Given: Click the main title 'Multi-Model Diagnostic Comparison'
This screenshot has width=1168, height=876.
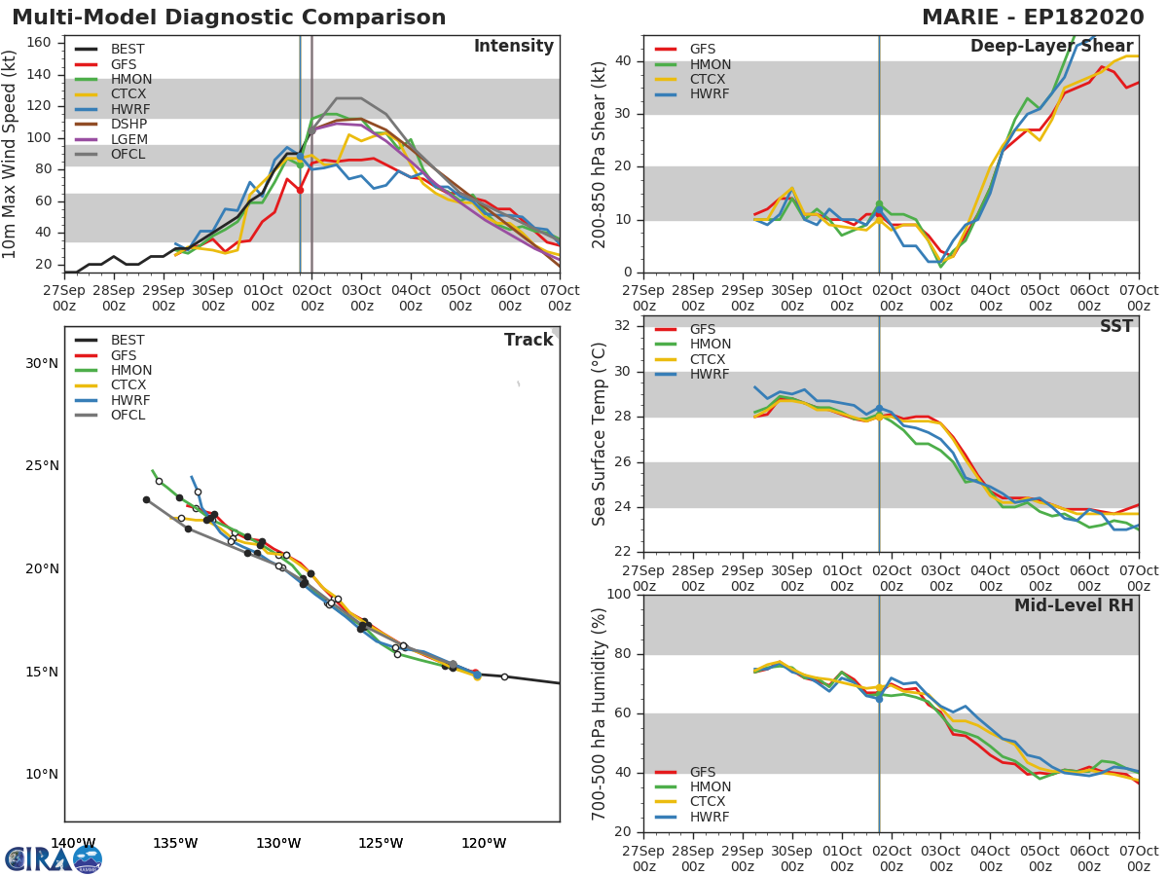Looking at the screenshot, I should tap(229, 18).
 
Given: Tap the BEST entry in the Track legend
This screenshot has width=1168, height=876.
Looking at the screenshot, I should tap(128, 341).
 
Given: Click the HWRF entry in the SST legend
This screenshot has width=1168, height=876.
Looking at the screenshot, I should tap(710, 375).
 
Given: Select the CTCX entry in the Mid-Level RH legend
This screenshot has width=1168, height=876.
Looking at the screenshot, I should tap(710, 802).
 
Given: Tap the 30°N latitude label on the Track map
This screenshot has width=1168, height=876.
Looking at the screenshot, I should tap(42, 364).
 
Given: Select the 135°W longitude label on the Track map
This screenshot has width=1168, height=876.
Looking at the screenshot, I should tap(175, 844).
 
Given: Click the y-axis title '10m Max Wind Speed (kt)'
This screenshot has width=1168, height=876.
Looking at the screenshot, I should tap(11, 155).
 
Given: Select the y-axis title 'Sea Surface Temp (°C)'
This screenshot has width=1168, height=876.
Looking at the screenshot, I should tap(600, 433).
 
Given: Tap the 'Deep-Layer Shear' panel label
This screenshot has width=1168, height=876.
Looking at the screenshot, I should tap(1051, 47).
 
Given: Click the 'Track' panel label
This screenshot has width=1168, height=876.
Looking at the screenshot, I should tap(528, 341).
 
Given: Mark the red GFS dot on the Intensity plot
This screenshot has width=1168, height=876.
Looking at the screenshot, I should tap(300, 190).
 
